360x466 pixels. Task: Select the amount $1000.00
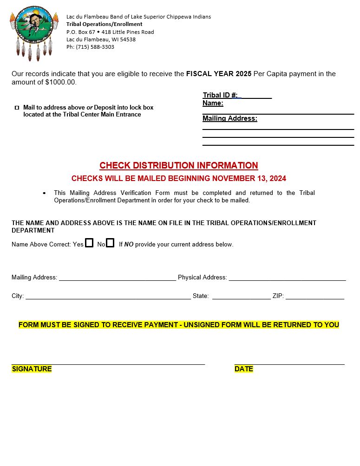coord(60,82)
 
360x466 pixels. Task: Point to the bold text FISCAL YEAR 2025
coord(219,74)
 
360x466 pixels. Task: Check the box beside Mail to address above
coord(17,108)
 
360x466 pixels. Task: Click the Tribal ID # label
coord(220,95)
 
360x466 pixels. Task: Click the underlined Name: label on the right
coord(213,103)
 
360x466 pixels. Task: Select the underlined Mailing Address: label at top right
coord(229,118)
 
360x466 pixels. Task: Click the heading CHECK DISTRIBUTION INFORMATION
coord(178,165)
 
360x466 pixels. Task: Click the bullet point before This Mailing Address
coord(44,193)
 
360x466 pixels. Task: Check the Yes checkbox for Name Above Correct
coord(89,243)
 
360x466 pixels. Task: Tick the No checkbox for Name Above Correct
coord(110,243)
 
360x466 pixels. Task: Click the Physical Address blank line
coord(287,278)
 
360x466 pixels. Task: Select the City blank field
coord(108,296)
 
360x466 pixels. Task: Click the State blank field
coord(241,296)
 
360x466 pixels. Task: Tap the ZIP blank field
coord(314,296)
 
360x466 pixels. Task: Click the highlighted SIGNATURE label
coord(32,369)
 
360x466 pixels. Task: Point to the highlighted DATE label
coord(243,369)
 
